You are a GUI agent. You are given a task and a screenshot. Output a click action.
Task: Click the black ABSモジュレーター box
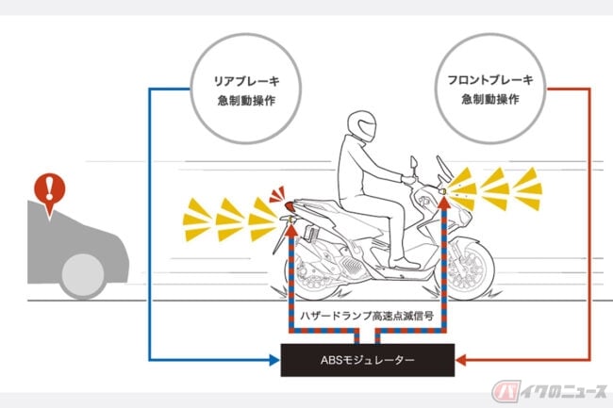point(369,360)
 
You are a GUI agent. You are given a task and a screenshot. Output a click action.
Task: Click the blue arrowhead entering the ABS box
point(276,360)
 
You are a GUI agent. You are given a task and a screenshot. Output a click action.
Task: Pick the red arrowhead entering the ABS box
point(462,360)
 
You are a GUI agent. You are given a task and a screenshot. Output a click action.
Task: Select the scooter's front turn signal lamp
point(442,190)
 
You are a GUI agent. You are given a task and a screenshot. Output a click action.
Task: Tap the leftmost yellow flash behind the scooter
point(199,218)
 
